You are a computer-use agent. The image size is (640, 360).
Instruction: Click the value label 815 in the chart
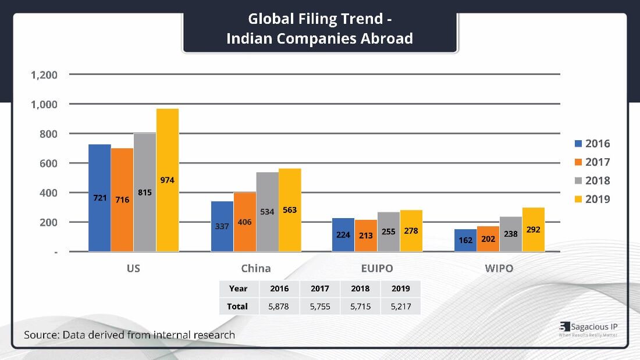(x=145, y=191)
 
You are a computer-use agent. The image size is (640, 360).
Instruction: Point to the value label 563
(x=290, y=210)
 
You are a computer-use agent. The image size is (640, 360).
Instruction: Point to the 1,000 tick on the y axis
(x=44, y=105)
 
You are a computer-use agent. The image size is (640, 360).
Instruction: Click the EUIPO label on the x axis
(x=377, y=269)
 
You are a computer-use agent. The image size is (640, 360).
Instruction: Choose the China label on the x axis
(x=256, y=269)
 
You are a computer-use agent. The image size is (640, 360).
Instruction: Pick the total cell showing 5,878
(x=280, y=306)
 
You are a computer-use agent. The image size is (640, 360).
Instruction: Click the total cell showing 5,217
(x=401, y=306)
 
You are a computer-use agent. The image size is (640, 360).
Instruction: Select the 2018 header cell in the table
(x=360, y=288)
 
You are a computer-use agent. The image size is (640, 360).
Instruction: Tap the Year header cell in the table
(x=238, y=288)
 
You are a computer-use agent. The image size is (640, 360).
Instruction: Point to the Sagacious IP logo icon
(x=564, y=327)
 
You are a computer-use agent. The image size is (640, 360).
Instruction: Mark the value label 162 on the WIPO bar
(x=465, y=240)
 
